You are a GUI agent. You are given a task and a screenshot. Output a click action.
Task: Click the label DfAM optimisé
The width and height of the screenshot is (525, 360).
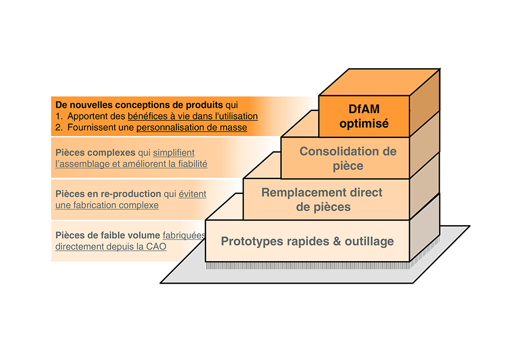coord(364,116)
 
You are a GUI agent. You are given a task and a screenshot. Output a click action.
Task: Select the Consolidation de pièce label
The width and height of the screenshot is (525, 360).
coord(348,158)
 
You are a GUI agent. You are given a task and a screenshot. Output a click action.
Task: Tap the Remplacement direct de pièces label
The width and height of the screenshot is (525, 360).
coord(322,199)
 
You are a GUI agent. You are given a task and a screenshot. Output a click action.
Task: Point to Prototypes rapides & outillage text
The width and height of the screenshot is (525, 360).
coord(308,241)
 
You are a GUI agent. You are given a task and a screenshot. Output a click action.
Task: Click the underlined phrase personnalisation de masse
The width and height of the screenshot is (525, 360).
coord(192,128)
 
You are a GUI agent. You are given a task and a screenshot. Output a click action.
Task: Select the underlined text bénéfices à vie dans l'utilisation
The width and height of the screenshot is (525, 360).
coord(193,116)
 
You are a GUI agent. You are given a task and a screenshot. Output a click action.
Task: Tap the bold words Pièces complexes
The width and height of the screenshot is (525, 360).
coord(95,153)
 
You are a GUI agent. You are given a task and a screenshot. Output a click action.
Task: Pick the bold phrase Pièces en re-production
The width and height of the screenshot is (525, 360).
coord(108,194)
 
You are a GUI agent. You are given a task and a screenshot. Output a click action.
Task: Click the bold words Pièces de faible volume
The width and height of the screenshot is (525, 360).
coord(108,235)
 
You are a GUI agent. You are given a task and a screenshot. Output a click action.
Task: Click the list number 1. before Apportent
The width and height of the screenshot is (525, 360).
coord(59,116)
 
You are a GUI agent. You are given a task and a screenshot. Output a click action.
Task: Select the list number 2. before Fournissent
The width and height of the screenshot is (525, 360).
coord(59,128)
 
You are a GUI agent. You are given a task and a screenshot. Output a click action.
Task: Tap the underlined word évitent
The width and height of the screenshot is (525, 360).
coord(193,194)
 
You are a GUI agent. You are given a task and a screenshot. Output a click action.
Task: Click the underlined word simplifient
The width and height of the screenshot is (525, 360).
coord(174,153)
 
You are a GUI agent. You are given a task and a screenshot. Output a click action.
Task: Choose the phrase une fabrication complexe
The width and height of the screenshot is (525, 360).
coord(107,205)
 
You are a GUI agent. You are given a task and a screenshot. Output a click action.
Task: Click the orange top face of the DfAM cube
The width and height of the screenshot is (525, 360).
coord(379,82)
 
